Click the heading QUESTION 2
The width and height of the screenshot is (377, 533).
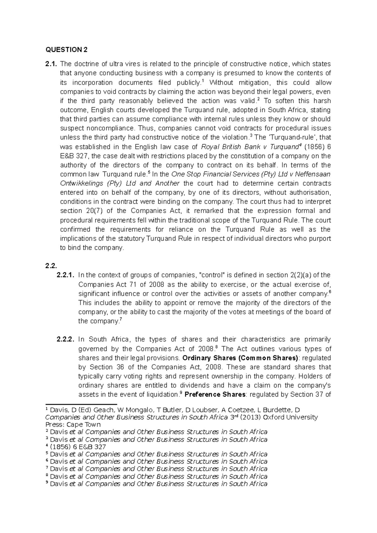[67, 50]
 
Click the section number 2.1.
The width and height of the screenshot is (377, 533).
[52, 64]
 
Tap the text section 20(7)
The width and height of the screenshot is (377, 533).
[80, 211]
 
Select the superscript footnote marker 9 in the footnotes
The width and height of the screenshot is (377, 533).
[47, 483]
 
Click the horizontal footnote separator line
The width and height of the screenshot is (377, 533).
[81, 404]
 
